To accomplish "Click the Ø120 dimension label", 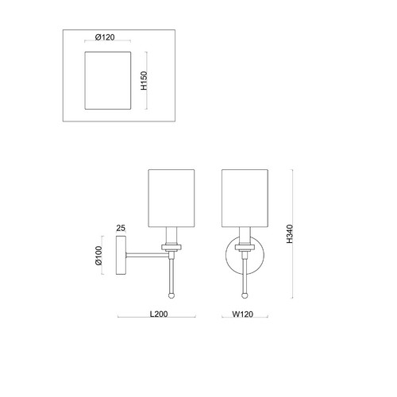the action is [105, 37].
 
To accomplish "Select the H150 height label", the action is [144, 80].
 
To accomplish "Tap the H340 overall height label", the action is [290, 234].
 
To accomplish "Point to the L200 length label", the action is [159, 314].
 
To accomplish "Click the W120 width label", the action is [243, 314].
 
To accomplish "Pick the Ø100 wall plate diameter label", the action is [98, 256].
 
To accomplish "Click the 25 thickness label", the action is [121, 228].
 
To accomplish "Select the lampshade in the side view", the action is [172, 198].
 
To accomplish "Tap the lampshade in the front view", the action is [245, 198].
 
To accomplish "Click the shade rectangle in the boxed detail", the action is [108, 80].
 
